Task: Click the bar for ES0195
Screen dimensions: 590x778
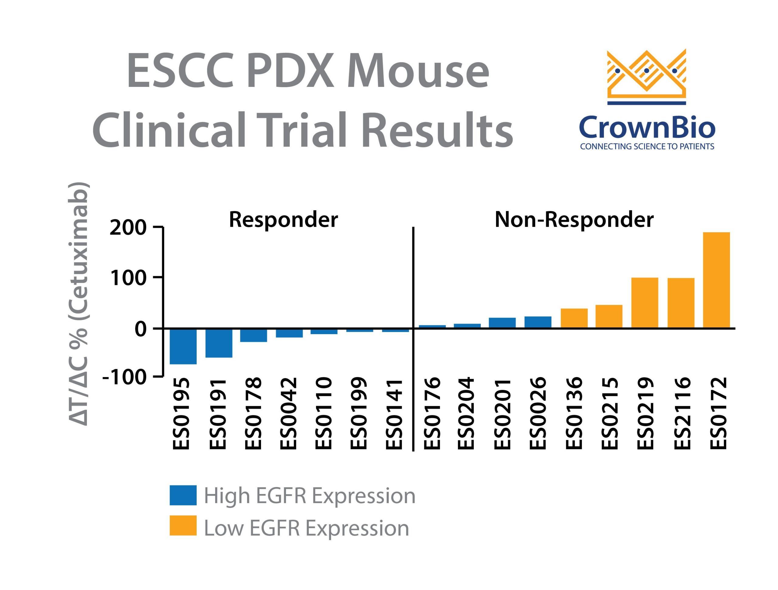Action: click(x=183, y=346)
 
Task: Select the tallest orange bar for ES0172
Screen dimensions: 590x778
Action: click(x=716, y=280)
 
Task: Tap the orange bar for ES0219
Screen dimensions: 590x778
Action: click(x=645, y=302)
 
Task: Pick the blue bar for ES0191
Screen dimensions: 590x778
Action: click(x=219, y=343)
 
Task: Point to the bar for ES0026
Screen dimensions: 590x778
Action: click(x=538, y=322)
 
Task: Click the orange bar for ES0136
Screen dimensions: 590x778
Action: click(x=574, y=318)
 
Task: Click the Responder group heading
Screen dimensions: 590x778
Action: click(x=283, y=220)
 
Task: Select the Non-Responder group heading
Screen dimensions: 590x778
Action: click(x=574, y=220)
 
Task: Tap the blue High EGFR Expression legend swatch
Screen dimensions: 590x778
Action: click(x=183, y=495)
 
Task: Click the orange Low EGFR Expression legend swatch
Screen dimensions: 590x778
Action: click(x=183, y=526)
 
